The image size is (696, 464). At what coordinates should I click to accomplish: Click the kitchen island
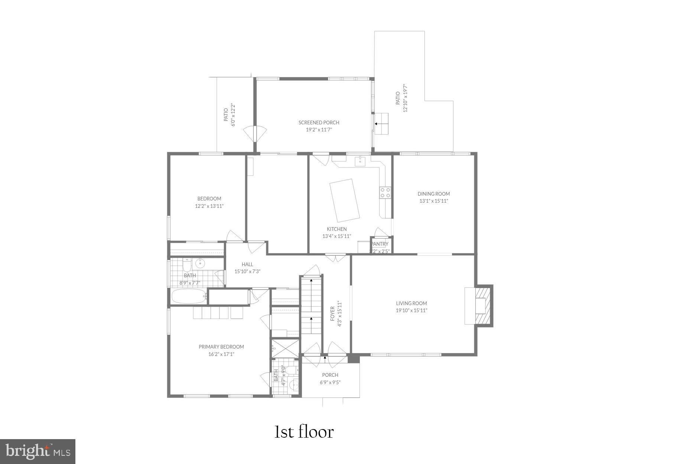(345, 200)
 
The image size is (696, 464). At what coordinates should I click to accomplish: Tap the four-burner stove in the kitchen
(385, 192)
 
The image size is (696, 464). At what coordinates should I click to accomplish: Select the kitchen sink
(360, 161)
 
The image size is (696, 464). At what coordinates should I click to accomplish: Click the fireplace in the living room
(481, 306)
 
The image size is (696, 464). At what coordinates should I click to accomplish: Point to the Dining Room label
(433, 194)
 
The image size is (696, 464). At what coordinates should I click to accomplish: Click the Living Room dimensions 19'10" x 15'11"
(411, 311)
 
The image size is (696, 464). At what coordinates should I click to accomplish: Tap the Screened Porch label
(319, 122)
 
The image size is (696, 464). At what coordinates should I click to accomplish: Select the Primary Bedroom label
(221, 347)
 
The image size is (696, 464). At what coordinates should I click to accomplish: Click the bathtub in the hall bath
(189, 297)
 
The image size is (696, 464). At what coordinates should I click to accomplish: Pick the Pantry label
(380, 244)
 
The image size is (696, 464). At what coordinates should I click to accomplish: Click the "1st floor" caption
(304, 432)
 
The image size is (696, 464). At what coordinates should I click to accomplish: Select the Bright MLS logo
(38, 451)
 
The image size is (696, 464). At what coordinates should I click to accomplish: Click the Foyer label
(333, 314)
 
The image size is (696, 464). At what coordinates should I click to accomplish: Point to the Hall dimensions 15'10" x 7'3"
(247, 272)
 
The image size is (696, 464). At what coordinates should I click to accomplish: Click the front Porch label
(330, 375)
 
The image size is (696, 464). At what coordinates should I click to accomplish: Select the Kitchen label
(336, 229)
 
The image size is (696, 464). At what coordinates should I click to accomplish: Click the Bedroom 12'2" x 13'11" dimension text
(209, 206)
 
